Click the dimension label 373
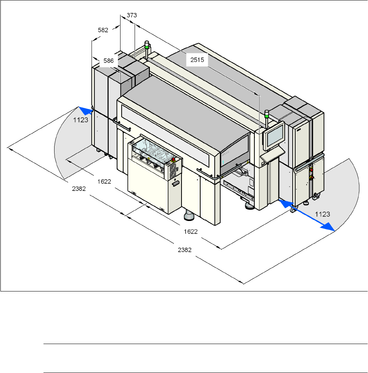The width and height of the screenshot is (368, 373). [x=132, y=15]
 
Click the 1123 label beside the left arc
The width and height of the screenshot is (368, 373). [x=81, y=119]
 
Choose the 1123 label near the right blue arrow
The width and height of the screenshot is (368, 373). [x=323, y=214]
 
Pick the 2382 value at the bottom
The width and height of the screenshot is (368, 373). [x=185, y=250]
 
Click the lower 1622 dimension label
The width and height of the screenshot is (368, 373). [x=191, y=231]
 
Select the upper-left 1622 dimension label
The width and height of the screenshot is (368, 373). [x=104, y=182]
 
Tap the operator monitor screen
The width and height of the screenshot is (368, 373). [x=275, y=136]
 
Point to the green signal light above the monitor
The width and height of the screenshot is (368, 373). [x=267, y=113]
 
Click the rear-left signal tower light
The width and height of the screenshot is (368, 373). [x=146, y=43]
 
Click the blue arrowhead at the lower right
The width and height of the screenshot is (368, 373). [x=329, y=227]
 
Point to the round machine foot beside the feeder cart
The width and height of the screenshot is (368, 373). [x=190, y=216]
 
